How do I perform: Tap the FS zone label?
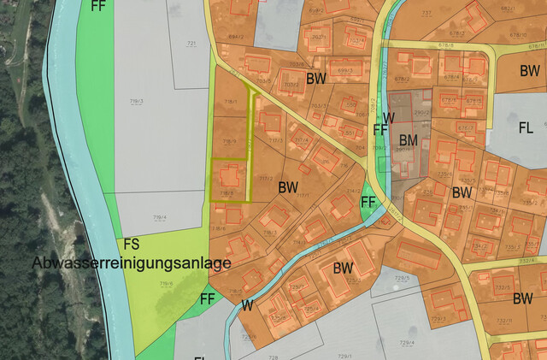tap(132, 245)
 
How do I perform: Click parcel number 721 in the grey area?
tap(191, 43)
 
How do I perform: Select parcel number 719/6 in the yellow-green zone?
tap(165, 284)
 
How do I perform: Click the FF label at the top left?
tap(99, 5)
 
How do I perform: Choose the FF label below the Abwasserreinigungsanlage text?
tap(207, 299)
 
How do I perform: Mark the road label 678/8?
tap(444, 44)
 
